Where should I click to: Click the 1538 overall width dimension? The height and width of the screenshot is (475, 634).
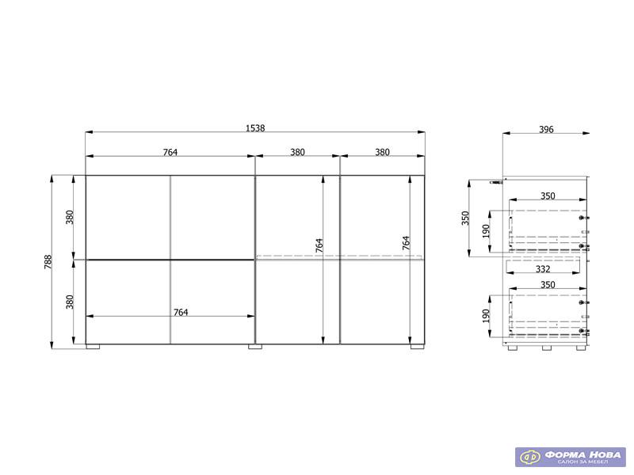coord(255,128)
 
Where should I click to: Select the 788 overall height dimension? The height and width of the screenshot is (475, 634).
coord(48,262)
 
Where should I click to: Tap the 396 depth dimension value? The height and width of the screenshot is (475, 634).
coord(546,130)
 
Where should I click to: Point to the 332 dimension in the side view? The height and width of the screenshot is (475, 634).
coord(543,269)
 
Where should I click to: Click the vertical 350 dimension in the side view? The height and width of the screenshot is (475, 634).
coord(465,218)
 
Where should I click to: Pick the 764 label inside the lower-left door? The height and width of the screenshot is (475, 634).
coord(181,312)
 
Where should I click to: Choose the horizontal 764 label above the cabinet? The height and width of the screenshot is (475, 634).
coord(170,152)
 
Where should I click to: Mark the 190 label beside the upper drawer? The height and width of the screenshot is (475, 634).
coord(486,231)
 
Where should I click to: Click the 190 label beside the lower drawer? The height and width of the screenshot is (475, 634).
coord(486,316)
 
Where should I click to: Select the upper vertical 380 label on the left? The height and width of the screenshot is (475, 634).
coord(70,217)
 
